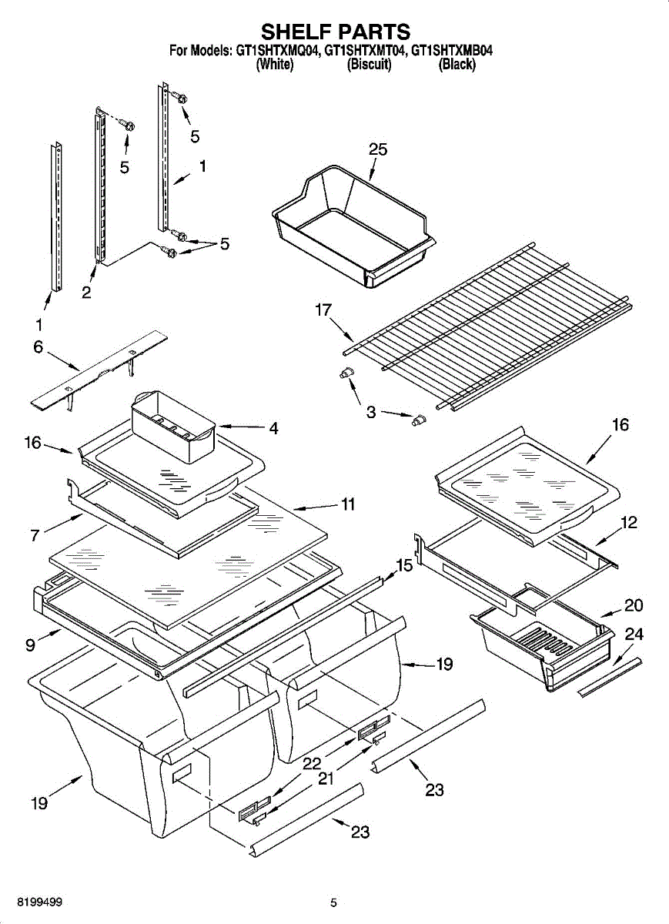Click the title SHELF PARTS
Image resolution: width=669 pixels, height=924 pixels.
tap(334, 32)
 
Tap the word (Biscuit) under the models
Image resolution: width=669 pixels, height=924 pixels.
tap(370, 65)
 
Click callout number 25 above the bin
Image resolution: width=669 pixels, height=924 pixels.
tap(377, 150)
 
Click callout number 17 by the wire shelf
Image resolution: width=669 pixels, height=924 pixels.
tap(323, 311)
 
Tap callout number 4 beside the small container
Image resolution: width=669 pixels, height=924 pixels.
tap(273, 428)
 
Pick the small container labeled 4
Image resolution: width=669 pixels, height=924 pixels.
tap(173, 427)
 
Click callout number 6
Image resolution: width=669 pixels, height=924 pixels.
tap(38, 347)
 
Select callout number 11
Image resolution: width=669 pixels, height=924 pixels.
tap(348, 505)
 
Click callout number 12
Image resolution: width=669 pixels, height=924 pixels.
tap(629, 523)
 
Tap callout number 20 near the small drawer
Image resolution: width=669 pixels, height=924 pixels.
tap(633, 605)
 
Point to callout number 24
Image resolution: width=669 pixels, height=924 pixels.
tap(634, 634)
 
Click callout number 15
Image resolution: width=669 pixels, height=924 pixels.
tap(403, 566)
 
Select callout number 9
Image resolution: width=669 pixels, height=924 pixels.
tap(30, 644)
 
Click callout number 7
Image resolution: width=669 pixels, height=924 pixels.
tap(35, 535)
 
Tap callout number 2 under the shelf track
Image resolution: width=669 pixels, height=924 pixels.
tap(86, 292)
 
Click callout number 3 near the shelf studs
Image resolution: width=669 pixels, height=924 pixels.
tap(371, 413)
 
